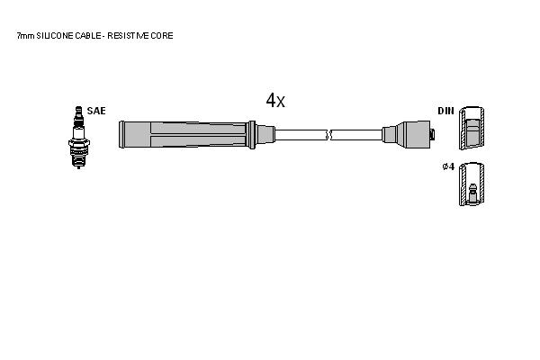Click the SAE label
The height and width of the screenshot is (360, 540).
coord(96,111)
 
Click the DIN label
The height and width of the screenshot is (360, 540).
coord(446,111)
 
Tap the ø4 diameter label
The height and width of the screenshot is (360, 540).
coord(448,166)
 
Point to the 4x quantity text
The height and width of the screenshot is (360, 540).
coord(275,100)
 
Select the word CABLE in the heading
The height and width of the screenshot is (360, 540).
coord(88,35)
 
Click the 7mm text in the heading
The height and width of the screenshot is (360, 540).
coord(26,35)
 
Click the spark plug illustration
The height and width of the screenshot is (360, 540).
coord(79,137)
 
